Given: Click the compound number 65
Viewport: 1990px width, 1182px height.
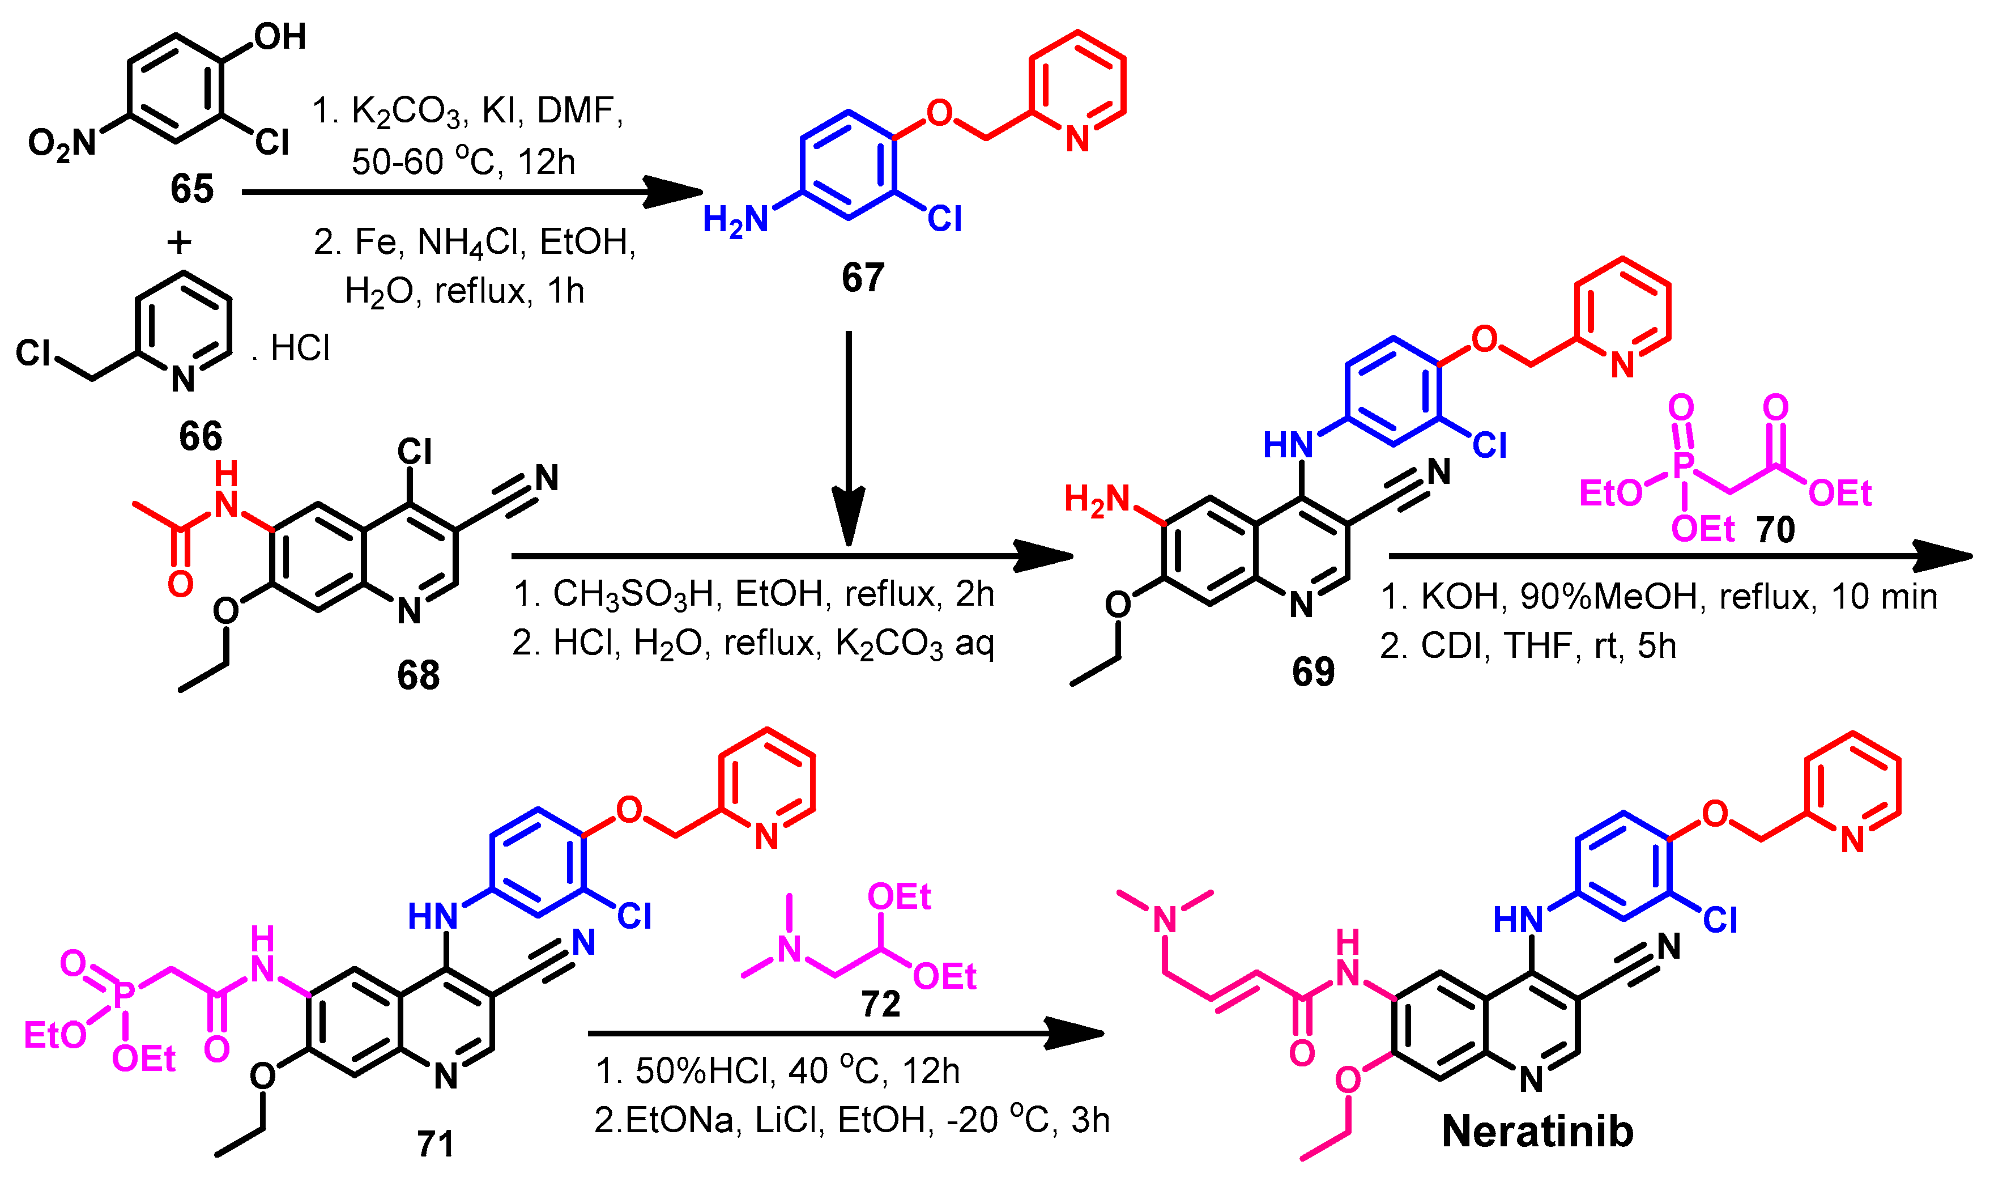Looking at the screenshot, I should (x=192, y=190).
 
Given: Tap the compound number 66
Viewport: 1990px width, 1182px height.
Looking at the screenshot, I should (x=200, y=436).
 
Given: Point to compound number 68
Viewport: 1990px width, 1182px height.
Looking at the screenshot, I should (x=418, y=675).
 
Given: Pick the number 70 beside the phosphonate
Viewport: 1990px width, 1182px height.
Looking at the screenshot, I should (x=1775, y=530).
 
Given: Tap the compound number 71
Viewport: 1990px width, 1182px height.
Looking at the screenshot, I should (x=436, y=1144).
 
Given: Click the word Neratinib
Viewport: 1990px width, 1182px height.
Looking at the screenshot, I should (x=1537, y=1132).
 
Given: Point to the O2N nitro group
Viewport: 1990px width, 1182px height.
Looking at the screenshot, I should (x=62, y=144).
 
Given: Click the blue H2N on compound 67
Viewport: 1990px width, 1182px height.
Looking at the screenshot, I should (x=735, y=220).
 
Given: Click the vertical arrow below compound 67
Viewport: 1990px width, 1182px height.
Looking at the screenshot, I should (x=849, y=438).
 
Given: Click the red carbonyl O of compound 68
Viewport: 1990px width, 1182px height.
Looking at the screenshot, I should (x=181, y=584).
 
